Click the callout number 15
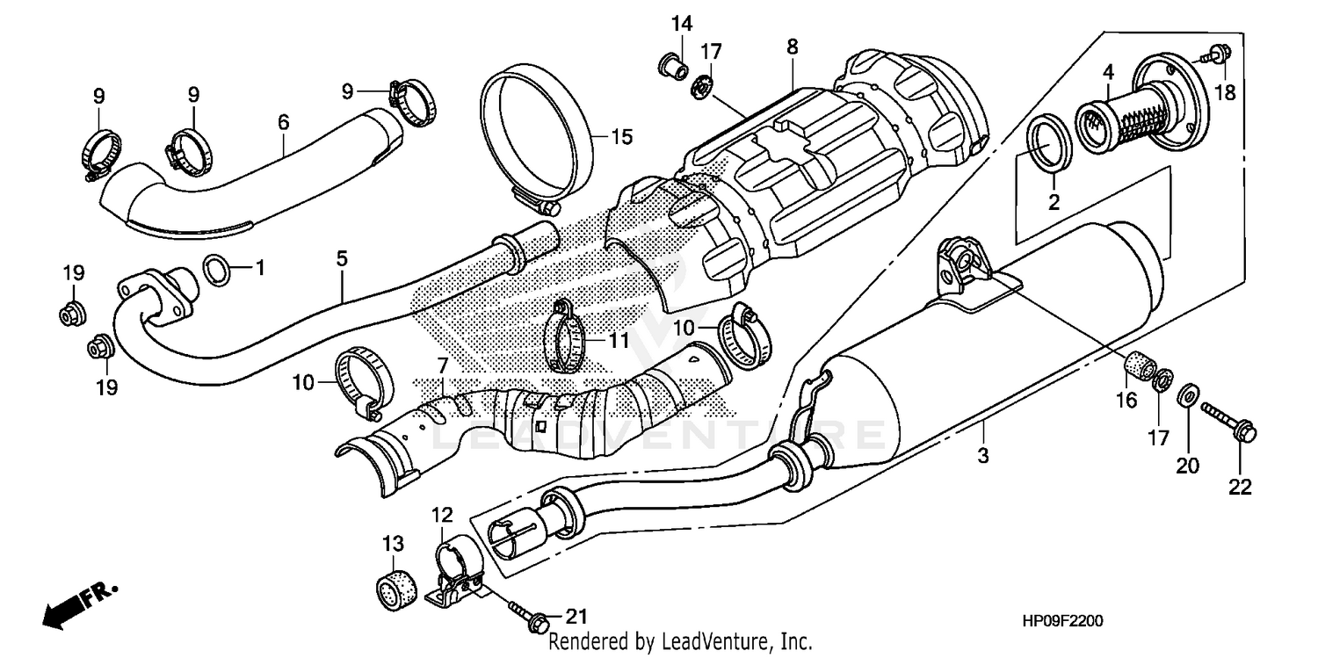coord(622,137)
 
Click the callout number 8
coord(793,47)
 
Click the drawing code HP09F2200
coord(1062,621)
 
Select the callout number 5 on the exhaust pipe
coord(342,258)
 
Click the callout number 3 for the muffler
coord(983,456)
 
